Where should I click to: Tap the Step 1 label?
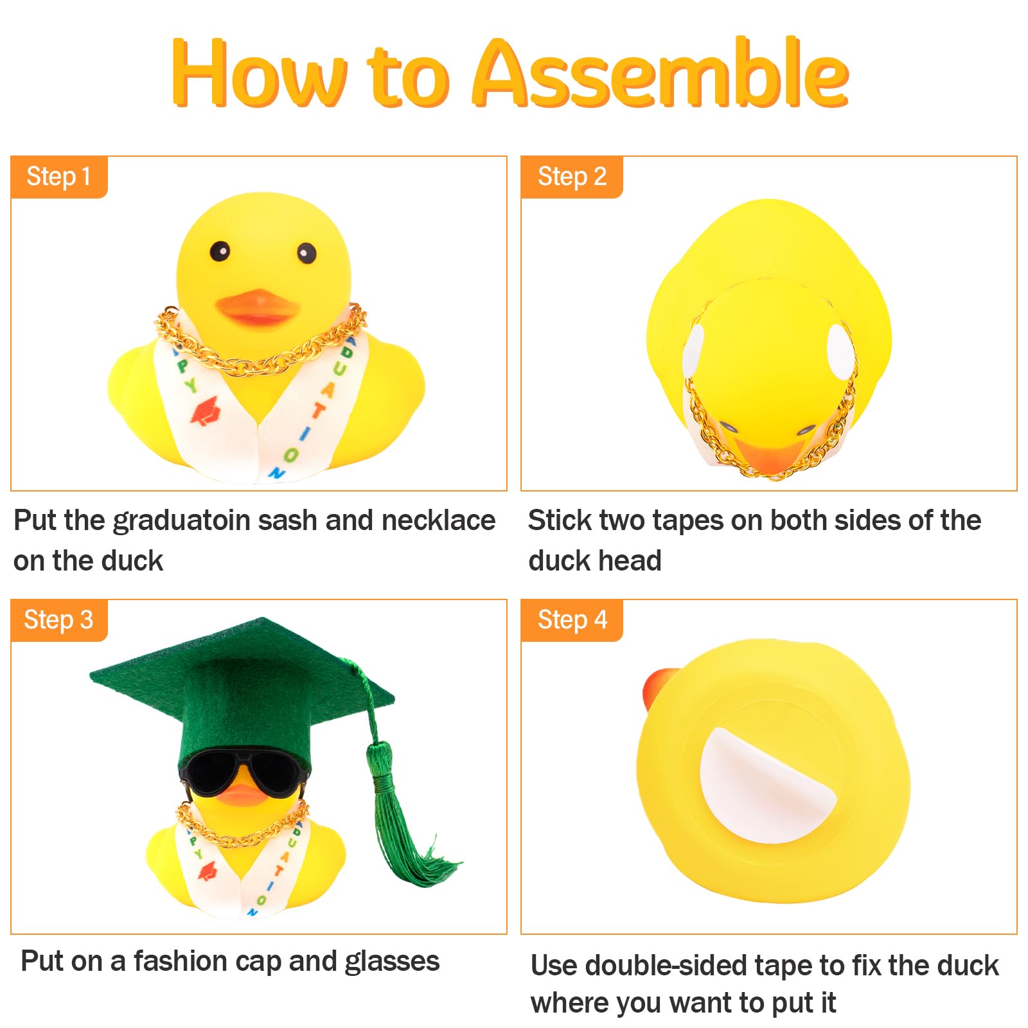pyautogui.click(x=58, y=177)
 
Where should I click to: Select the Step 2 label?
pyautogui.click(x=572, y=177)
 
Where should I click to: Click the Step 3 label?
pyautogui.click(x=58, y=620)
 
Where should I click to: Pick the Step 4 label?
pyautogui.click(x=572, y=620)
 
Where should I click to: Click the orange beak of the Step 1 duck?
pyautogui.click(x=257, y=307)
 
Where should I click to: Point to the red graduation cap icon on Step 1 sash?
pyautogui.click(x=206, y=411)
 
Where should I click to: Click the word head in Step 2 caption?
pyautogui.click(x=630, y=560)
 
